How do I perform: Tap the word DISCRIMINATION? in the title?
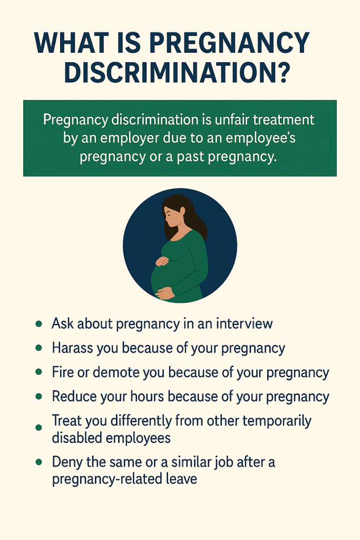(177, 73)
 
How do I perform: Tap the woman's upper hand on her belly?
(162, 261)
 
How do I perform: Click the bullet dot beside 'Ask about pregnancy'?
(38, 323)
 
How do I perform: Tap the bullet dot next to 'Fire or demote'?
(38, 372)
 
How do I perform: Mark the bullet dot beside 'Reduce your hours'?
(38, 397)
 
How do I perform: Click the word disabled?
(82, 438)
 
